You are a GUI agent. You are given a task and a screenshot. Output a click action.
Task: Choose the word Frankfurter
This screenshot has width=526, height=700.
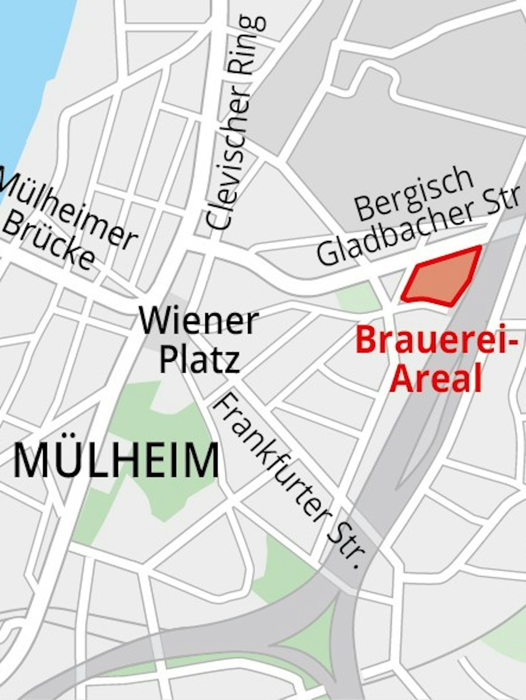point(272,456)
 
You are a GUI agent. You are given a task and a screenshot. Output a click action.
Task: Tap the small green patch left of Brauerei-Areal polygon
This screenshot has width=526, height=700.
point(358,297)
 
